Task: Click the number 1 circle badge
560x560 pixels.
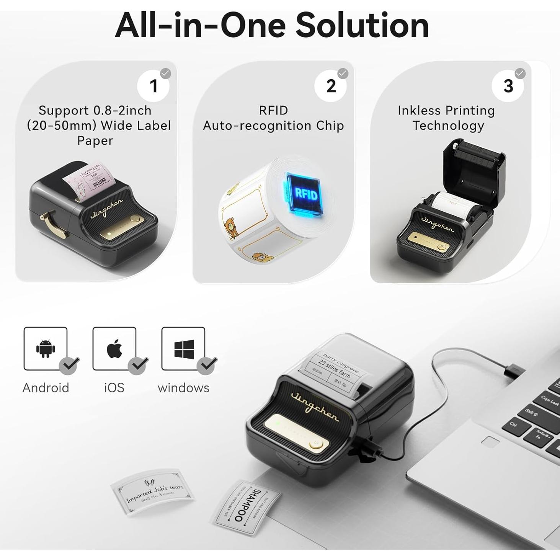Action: tap(153, 86)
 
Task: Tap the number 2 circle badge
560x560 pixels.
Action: tap(331, 86)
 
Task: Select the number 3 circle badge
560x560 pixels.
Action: tap(508, 86)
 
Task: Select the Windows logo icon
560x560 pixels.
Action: tap(184, 349)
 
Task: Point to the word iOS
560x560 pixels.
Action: tap(114, 388)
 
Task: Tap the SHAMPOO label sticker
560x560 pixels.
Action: tap(245, 506)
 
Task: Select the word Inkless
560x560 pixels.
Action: tap(419, 111)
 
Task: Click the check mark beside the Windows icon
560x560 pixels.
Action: tap(207, 365)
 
